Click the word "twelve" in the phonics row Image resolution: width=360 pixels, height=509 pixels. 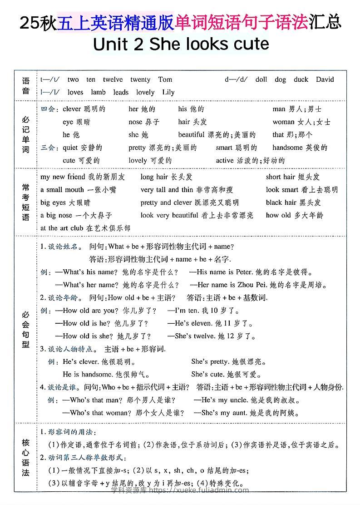pos(113,79)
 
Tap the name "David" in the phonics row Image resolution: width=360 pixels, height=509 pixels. pos(325,79)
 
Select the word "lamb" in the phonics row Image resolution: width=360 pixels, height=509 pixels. pos(98,92)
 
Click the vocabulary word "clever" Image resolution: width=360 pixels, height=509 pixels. pos(72,109)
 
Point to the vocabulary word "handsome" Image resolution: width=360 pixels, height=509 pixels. pos(287,148)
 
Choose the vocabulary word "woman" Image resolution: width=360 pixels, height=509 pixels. pos(283,122)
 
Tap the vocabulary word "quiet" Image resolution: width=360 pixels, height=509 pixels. pos(70,148)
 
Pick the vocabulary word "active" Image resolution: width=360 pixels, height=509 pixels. pos(225,160)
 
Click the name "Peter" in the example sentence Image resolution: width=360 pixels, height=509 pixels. pos(244,272)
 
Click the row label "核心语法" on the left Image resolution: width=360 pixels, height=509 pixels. pos(26,457)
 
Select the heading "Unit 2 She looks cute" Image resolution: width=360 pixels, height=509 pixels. pos(181,44)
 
